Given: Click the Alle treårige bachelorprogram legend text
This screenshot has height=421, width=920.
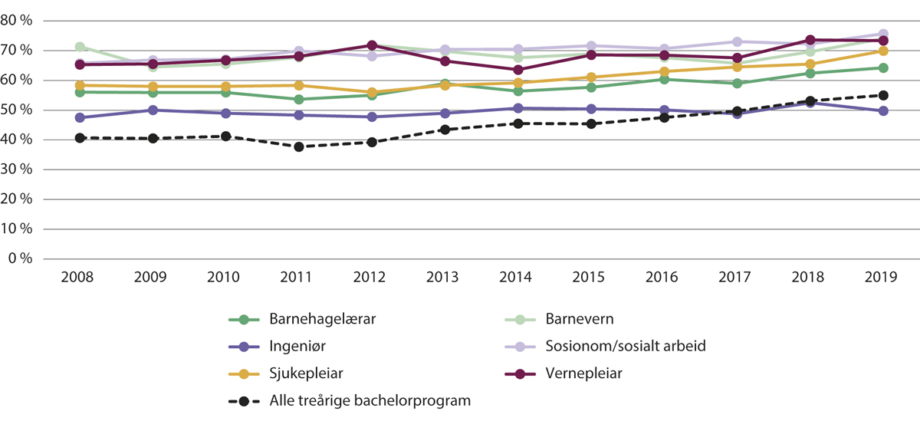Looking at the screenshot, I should (x=370, y=400).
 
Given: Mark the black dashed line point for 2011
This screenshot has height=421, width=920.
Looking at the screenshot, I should (x=298, y=146).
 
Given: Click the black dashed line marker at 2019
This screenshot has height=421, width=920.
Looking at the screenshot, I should (x=882, y=95).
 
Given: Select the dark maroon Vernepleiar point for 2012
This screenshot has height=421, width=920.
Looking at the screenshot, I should (x=372, y=45).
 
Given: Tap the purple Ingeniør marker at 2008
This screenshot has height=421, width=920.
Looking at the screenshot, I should (x=79, y=117).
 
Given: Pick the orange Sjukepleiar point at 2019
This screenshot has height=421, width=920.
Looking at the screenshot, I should (x=882, y=51).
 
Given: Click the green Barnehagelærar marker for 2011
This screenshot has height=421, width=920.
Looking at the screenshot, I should (x=298, y=99).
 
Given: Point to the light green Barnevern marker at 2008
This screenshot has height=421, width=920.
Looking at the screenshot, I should (x=79, y=47).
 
